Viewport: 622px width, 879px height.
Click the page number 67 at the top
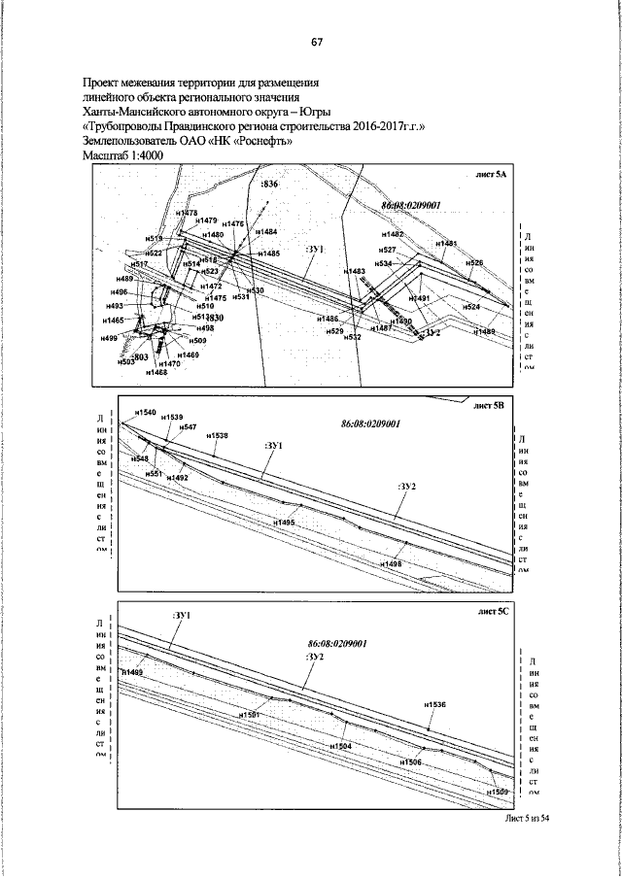(x=317, y=42)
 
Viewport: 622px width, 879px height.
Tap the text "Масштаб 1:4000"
(x=124, y=155)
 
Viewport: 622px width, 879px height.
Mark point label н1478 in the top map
(x=187, y=213)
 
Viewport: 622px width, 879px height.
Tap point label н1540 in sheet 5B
(x=145, y=413)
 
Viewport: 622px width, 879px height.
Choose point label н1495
(x=284, y=523)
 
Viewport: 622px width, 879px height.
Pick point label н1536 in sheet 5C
(x=434, y=704)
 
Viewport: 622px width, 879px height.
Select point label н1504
(x=340, y=746)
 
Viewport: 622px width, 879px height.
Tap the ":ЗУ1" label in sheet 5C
(x=181, y=616)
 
